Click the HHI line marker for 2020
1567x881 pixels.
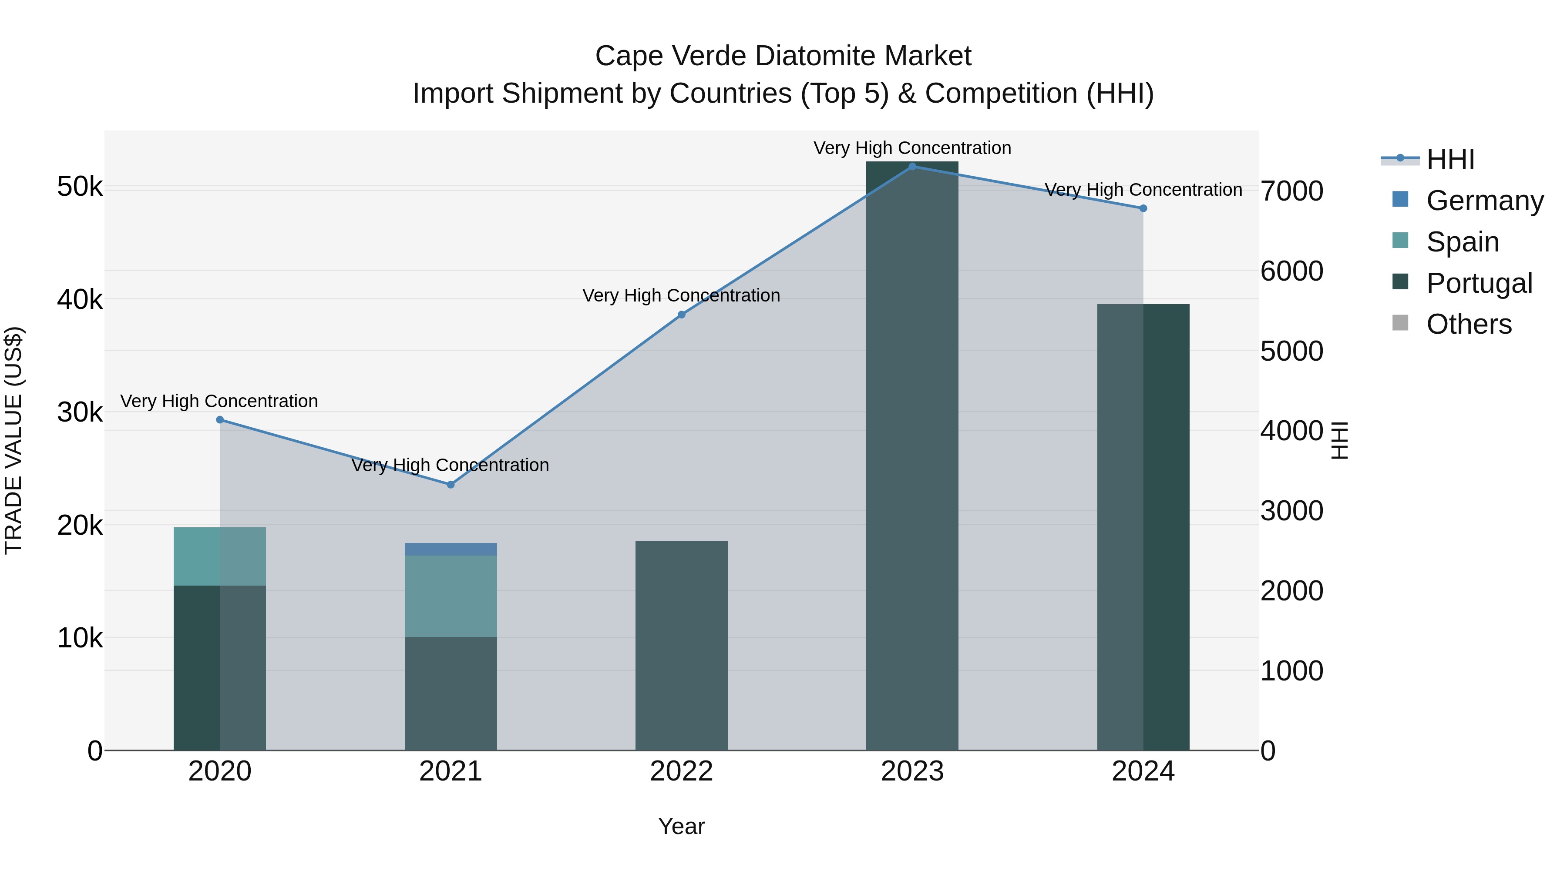point(220,419)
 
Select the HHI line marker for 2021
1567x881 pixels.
point(451,485)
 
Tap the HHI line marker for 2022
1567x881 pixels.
point(681,315)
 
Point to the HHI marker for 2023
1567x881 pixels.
point(912,166)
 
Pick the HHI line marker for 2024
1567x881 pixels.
point(1143,208)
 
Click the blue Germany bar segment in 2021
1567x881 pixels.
point(451,549)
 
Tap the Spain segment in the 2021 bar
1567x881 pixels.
point(451,596)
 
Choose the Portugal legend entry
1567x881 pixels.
point(1478,283)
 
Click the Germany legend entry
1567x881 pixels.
point(1484,201)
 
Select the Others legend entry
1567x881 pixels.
point(1469,325)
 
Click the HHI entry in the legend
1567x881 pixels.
point(1450,159)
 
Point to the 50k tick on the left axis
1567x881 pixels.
point(80,187)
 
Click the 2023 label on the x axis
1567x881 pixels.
point(912,771)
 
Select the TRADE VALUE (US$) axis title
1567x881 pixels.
point(13,440)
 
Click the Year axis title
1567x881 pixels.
point(681,826)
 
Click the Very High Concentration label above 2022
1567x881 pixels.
point(681,295)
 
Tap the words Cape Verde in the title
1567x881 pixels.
point(670,56)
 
